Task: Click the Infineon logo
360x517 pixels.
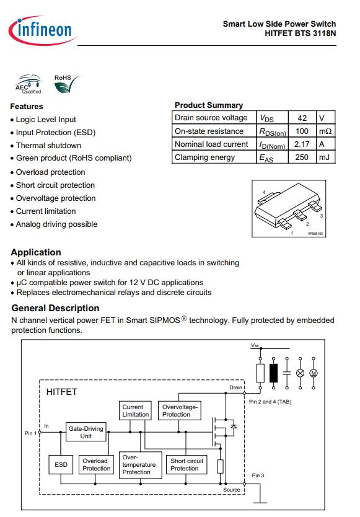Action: click(x=43, y=30)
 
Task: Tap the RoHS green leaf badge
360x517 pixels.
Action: click(x=67, y=84)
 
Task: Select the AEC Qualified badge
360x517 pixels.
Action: click(x=29, y=84)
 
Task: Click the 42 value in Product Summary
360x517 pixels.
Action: click(x=302, y=118)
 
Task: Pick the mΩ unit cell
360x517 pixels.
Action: click(x=325, y=131)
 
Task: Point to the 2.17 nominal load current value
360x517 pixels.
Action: click(x=302, y=144)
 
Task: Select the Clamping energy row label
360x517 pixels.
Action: click(x=204, y=157)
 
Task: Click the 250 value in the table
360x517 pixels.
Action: click(x=302, y=157)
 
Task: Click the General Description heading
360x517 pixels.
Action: click(x=55, y=308)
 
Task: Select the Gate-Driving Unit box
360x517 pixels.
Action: click(x=86, y=432)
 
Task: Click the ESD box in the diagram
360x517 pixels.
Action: click(x=61, y=464)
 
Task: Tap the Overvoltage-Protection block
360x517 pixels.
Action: click(x=180, y=410)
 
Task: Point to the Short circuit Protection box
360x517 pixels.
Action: click(x=187, y=464)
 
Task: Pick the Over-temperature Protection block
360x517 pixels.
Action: click(x=141, y=465)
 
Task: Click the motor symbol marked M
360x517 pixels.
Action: click(x=314, y=373)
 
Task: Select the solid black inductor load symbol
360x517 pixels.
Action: click(x=273, y=373)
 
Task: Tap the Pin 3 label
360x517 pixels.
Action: click(x=258, y=475)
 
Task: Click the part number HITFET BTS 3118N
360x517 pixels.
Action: click(x=301, y=33)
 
